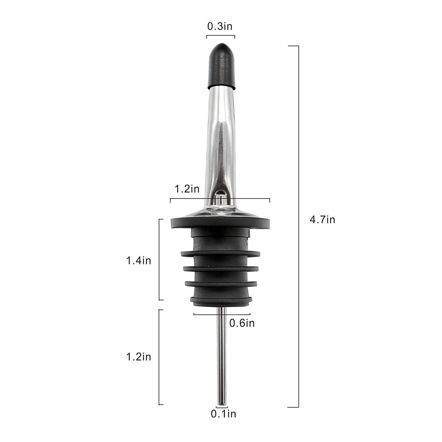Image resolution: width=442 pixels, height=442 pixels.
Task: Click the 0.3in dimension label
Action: (220, 27)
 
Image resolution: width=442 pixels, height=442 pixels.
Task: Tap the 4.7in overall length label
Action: (322, 220)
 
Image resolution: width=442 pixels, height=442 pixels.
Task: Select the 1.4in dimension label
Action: (138, 260)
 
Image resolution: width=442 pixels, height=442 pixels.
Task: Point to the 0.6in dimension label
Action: (242, 323)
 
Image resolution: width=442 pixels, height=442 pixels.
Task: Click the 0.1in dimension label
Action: (223, 414)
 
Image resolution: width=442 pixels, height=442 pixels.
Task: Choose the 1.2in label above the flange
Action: (187, 189)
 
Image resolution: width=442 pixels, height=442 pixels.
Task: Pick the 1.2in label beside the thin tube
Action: (138, 357)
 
